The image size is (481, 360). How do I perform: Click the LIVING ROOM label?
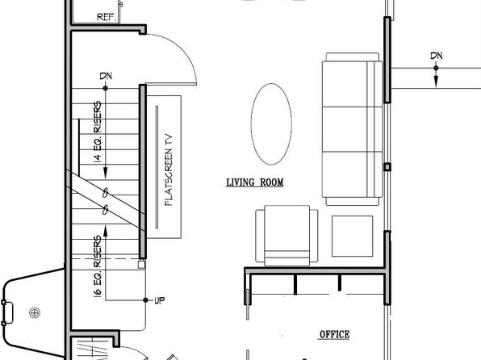click(x=254, y=182)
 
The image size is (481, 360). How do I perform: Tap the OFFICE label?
click(x=334, y=334)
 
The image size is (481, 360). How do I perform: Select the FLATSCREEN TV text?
click(x=169, y=170)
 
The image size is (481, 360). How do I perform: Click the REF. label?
click(x=107, y=17)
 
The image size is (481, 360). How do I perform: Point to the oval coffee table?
click(x=271, y=124)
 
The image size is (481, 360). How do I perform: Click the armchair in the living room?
click(x=287, y=236)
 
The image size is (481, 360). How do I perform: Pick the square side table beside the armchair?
click(x=352, y=236)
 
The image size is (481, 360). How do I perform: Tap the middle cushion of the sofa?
click(x=353, y=129)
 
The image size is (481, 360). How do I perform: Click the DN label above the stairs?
click(x=106, y=76)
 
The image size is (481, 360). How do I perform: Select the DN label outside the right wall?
click(x=437, y=56)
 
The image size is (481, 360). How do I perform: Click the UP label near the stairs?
click(x=160, y=300)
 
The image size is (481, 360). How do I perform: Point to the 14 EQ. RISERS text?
click(x=97, y=132)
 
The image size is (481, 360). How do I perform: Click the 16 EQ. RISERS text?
click(x=97, y=266)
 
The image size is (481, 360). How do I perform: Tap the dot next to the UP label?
click(x=146, y=300)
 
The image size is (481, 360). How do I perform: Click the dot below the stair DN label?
click(x=106, y=89)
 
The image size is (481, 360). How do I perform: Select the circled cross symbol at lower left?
click(x=35, y=312)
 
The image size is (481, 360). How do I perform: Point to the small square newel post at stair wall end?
click(x=141, y=264)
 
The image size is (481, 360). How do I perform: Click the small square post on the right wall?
click(x=387, y=167)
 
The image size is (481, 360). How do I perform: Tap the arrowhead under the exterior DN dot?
click(x=436, y=82)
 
